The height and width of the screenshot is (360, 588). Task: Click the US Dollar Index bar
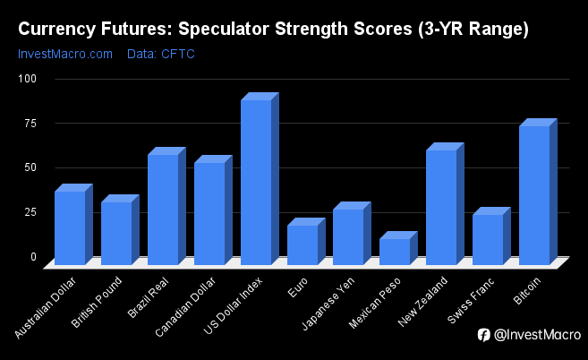tap(260, 179)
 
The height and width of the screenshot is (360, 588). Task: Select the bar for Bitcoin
tap(538, 192)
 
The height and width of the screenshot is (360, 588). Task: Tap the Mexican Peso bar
tap(398, 248)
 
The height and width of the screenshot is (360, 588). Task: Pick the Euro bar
tap(306, 242)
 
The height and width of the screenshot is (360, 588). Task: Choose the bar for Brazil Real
tap(166, 206)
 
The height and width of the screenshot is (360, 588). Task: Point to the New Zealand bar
tap(445, 204)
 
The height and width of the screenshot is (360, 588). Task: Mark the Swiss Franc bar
tap(491, 236)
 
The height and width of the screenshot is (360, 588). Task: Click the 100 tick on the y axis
tap(28, 79)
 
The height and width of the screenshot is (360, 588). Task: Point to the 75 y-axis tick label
tap(30, 123)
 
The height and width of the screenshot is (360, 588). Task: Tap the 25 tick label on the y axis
tap(30, 212)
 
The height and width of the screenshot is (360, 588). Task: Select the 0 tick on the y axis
tap(34, 257)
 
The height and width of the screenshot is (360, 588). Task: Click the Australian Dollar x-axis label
tap(46, 307)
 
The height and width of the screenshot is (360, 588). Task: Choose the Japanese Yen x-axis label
tap(328, 304)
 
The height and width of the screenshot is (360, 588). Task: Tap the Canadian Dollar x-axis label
tap(185, 306)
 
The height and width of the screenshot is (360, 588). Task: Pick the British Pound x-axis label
tap(97, 302)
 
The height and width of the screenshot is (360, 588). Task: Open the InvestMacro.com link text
tap(65, 54)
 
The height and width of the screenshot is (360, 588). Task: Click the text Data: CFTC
tap(161, 54)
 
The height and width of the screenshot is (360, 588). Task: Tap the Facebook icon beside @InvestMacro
tap(484, 335)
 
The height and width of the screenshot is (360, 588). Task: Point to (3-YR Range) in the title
tap(473, 30)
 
